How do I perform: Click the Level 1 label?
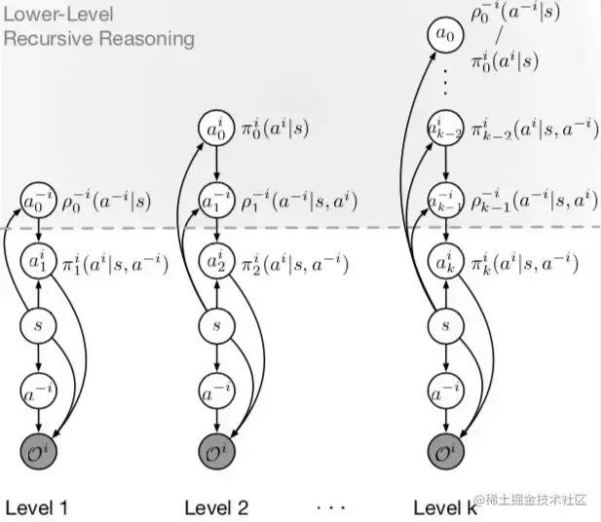pyautogui.click(x=38, y=506)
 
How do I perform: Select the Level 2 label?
pyautogui.click(x=217, y=506)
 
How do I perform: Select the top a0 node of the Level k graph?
pyautogui.click(x=443, y=37)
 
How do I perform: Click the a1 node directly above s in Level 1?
pyautogui.click(x=38, y=262)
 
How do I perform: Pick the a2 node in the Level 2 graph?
pyautogui.click(x=216, y=262)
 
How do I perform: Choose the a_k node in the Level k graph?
pyautogui.click(x=443, y=262)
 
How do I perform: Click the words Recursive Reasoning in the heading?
pyautogui.click(x=98, y=39)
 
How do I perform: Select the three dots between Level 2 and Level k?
pyautogui.click(x=332, y=506)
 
